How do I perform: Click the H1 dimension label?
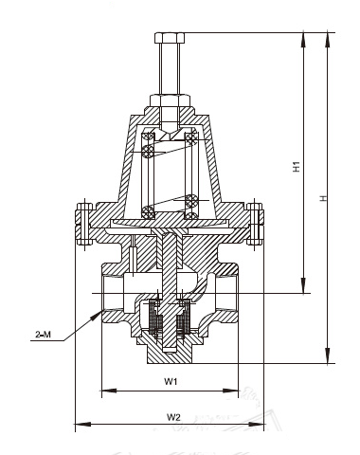(297, 166)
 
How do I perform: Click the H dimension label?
(323, 198)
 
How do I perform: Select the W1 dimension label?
(171, 381)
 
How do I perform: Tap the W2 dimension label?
(173, 417)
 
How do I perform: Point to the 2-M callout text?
(43, 335)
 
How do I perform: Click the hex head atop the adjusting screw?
(170, 38)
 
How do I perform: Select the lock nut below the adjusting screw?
(170, 100)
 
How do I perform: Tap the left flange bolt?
(84, 224)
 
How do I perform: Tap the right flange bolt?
(255, 224)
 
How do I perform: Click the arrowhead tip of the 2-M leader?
(101, 312)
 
